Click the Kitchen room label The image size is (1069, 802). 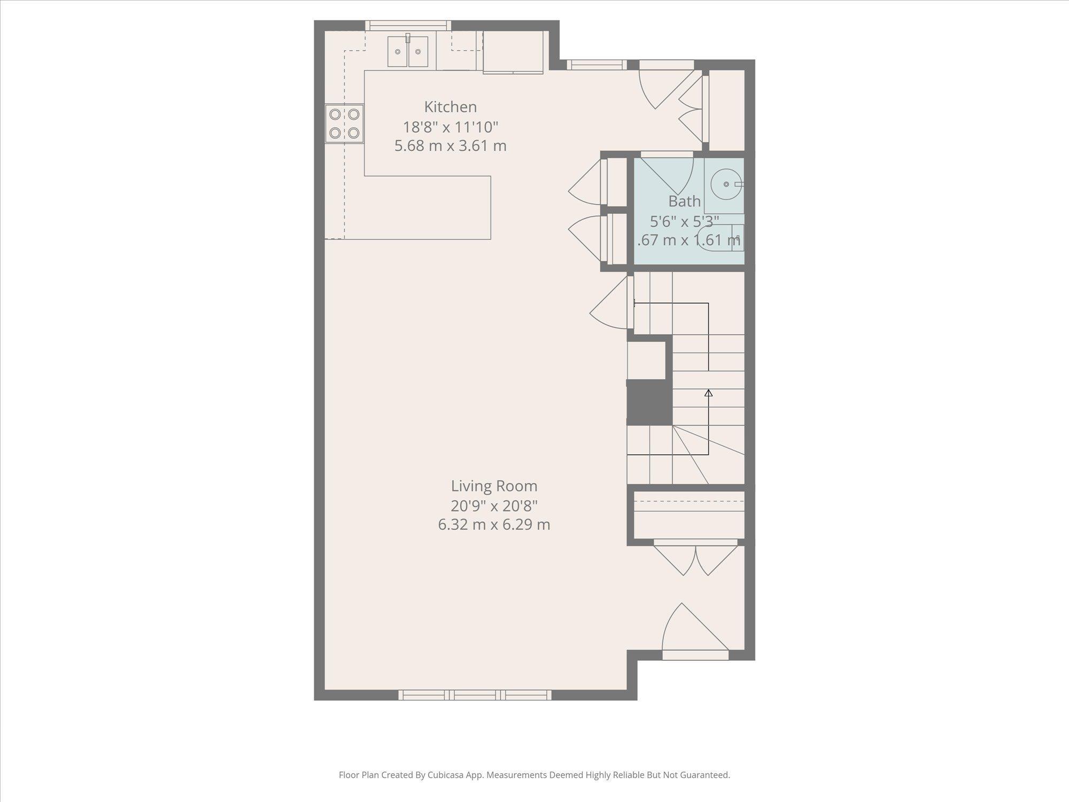click(450, 107)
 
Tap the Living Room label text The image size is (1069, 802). click(494, 486)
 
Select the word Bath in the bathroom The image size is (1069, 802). click(684, 202)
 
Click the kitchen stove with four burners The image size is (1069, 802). click(344, 124)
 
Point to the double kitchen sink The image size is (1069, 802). click(408, 52)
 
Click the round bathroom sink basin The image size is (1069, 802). click(726, 184)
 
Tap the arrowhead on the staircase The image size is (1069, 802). click(709, 393)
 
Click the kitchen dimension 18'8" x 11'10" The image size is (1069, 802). click(450, 127)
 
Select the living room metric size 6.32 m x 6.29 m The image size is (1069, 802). click(494, 525)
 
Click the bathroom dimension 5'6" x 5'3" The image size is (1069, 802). click(684, 221)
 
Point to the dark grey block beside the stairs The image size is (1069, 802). click(649, 402)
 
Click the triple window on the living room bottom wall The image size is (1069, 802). click(475, 695)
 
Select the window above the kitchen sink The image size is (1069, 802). click(408, 26)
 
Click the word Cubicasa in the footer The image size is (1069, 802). click(445, 775)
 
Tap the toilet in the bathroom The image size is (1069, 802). click(722, 238)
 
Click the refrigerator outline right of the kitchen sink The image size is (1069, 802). click(513, 52)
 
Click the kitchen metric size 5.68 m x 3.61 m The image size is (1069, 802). click(450, 146)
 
